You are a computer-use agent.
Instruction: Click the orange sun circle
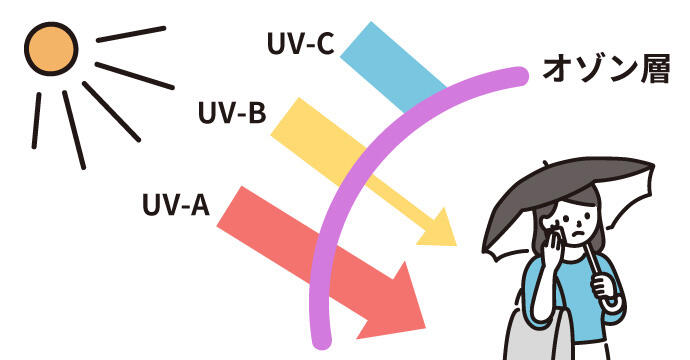(x=51, y=49)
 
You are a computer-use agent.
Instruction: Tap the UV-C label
(x=301, y=43)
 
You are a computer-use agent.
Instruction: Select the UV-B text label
(x=232, y=113)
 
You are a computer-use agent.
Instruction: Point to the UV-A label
(x=176, y=204)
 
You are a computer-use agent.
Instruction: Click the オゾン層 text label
(x=606, y=70)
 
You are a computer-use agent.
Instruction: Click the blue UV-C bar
(x=393, y=66)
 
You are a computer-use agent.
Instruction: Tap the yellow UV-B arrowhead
(x=438, y=229)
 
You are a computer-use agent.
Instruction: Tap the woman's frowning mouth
(x=580, y=232)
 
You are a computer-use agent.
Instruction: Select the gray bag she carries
(x=535, y=337)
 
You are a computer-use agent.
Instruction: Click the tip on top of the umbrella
(x=545, y=164)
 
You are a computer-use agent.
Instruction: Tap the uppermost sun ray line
(x=131, y=34)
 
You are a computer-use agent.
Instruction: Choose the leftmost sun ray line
(x=37, y=120)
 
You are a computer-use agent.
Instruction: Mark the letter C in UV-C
(x=323, y=43)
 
